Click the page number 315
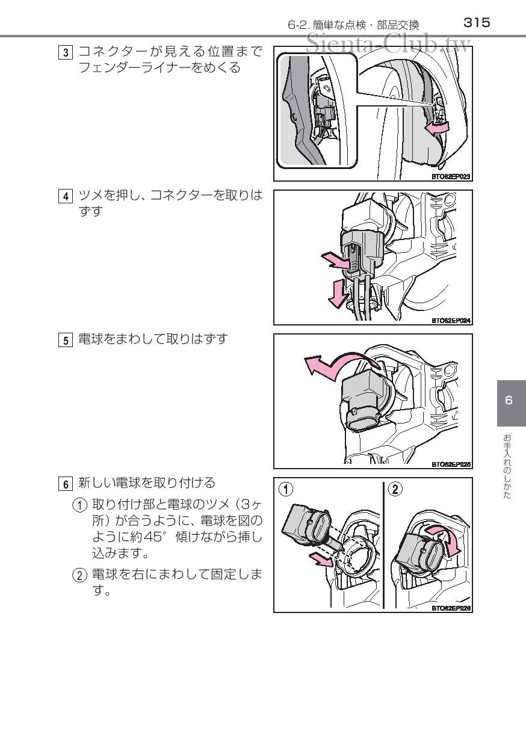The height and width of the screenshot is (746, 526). (477, 23)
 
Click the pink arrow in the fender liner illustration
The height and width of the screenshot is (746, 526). (437, 128)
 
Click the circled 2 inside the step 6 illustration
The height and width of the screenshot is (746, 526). (395, 489)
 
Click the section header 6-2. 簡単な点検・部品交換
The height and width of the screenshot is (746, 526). (353, 25)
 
